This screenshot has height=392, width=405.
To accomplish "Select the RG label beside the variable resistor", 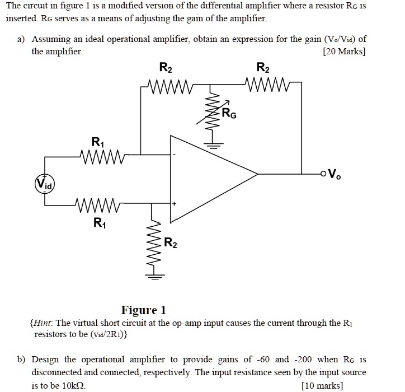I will (229, 115).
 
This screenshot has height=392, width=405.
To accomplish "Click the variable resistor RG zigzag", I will (211, 115).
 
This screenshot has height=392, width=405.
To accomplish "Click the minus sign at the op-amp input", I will (175, 153).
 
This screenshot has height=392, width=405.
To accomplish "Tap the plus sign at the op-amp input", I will (175, 204).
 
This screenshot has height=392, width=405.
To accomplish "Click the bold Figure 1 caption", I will (144, 310).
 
